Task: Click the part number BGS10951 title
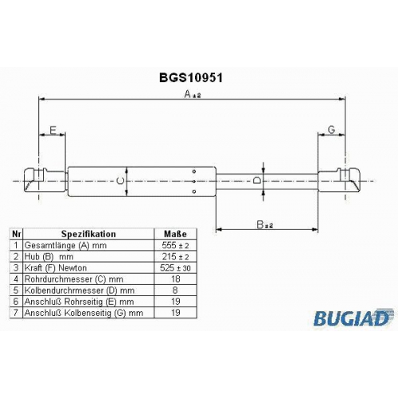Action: [191, 78]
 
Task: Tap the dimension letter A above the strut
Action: [188, 94]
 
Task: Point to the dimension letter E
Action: [53, 131]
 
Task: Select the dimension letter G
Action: [331, 130]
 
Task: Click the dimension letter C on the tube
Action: [120, 181]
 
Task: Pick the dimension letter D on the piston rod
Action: [256, 181]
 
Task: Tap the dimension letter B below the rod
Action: [259, 224]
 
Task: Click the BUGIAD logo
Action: [353, 318]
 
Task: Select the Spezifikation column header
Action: [88, 234]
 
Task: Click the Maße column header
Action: [175, 234]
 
